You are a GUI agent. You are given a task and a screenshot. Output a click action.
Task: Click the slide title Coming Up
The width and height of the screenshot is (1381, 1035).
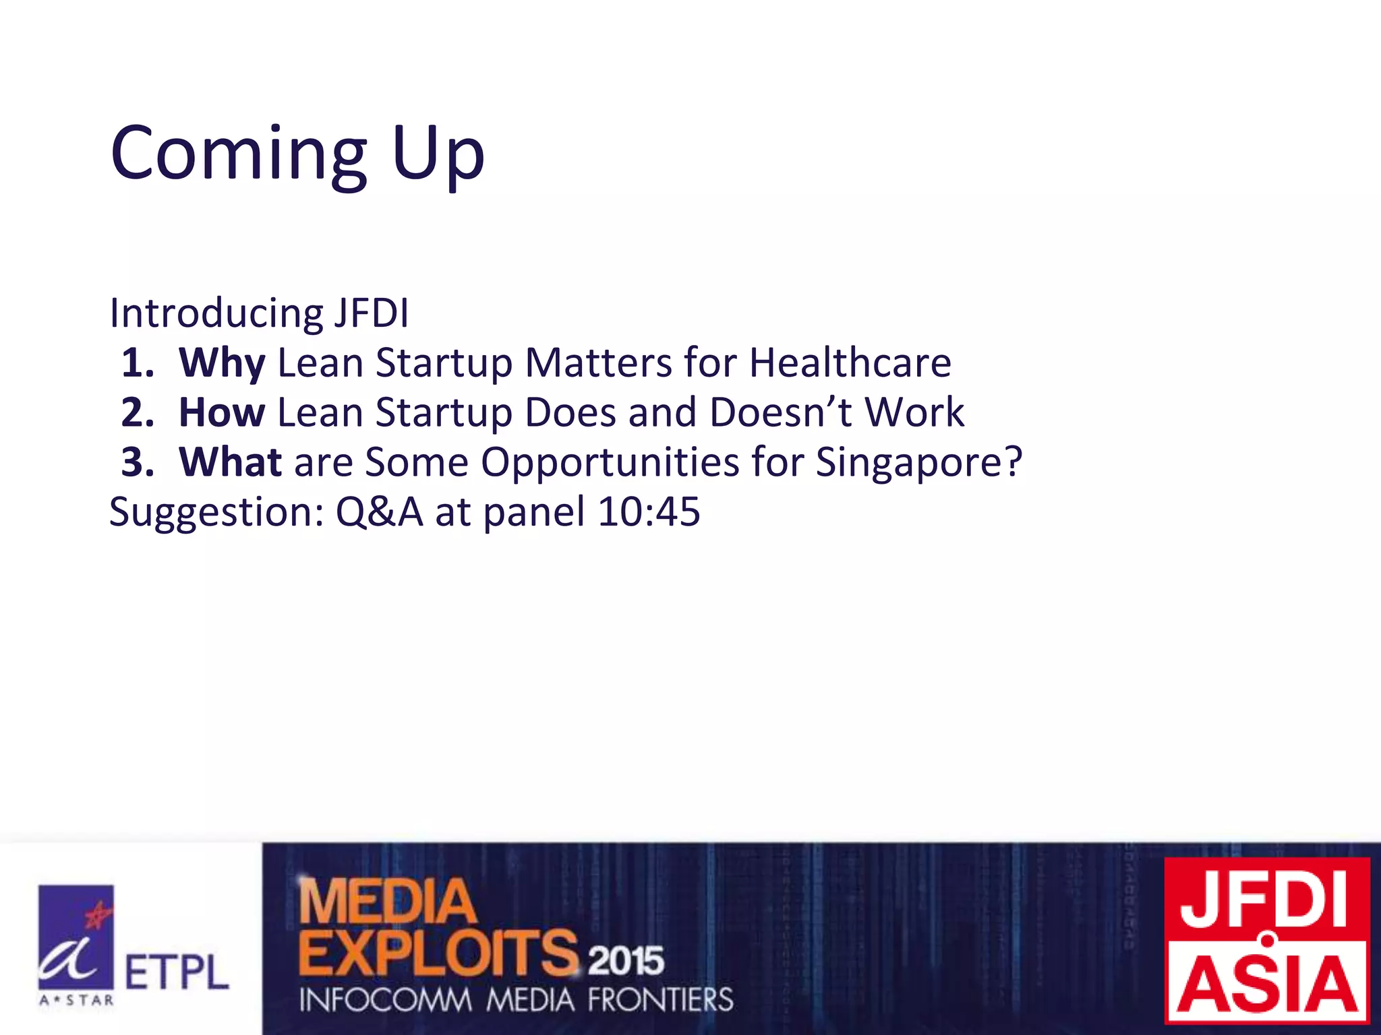pos(297,154)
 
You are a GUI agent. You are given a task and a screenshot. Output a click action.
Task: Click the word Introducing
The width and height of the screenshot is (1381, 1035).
pos(216,313)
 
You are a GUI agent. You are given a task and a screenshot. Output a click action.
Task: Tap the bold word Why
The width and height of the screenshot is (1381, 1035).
pos(222,363)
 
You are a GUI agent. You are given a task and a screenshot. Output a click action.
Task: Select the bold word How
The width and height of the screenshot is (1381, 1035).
pos(222,412)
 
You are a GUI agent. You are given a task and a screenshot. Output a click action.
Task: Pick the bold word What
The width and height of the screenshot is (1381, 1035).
pos(230,462)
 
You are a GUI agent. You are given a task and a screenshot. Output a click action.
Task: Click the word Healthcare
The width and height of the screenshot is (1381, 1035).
pos(850,363)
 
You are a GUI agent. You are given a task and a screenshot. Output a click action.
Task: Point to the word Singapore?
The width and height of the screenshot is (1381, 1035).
pos(919,462)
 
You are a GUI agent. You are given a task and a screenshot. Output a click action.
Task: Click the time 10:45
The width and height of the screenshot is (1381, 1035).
pos(649,512)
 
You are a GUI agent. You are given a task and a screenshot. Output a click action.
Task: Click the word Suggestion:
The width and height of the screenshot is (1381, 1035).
pos(216,512)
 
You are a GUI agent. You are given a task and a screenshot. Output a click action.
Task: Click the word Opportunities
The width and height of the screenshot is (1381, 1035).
pos(610,462)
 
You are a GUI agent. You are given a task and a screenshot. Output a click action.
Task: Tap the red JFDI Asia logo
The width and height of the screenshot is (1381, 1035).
pos(1268,941)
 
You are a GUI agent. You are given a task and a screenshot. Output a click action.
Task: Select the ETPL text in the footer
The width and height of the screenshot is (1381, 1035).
pos(177,973)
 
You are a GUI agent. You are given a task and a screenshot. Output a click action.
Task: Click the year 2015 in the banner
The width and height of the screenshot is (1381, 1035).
pos(626,960)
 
